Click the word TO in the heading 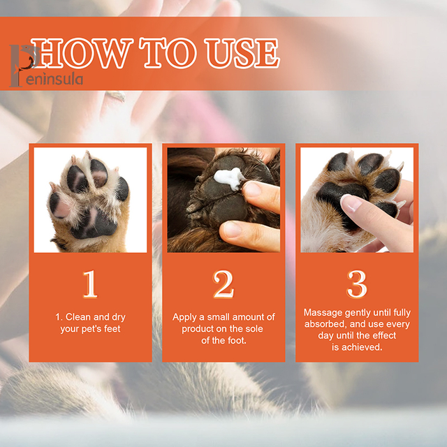point(168,53)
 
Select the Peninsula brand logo point(45,66)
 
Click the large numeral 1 point(90,284)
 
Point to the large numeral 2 point(223,284)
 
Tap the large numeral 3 point(357,284)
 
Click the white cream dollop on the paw point(229,178)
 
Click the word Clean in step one point(78,317)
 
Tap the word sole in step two point(254,329)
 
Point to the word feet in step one point(112,329)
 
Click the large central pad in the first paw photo point(94,223)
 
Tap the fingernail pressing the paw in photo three point(351,203)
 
